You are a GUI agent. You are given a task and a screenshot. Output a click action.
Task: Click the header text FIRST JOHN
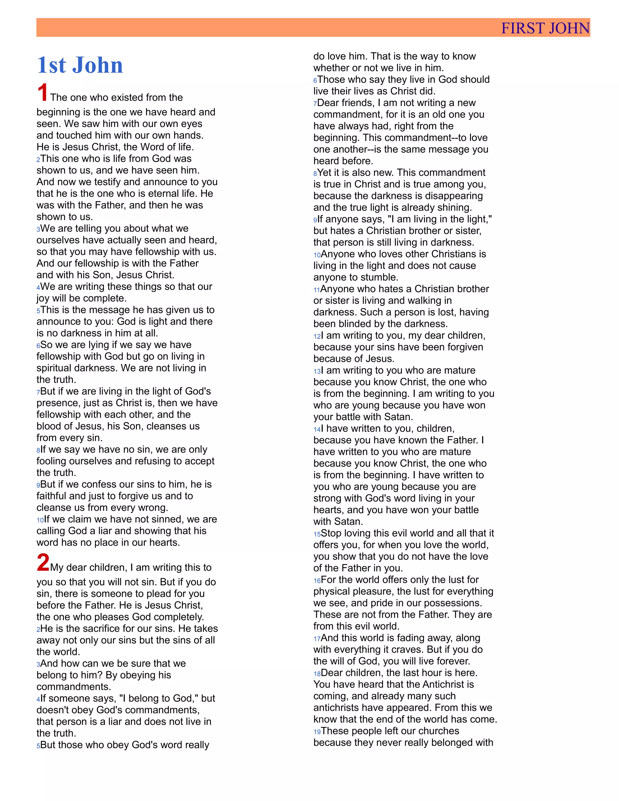click(x=545, y=28)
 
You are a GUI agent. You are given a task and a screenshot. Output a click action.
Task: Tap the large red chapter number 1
click(x=43, y=92)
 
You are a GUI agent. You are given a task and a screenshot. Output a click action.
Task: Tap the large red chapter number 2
click(x=43, y=562)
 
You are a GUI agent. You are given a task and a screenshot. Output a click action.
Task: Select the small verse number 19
click(x=317, y=732)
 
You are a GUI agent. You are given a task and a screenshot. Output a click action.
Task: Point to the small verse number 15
click(x=317, y=534)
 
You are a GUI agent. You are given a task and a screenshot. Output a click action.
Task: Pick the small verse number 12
click(x=317, y=336)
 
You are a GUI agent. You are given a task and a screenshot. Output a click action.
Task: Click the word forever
click(x=452, y=661)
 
